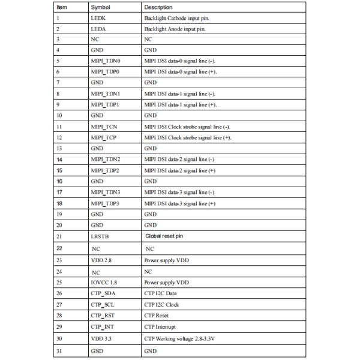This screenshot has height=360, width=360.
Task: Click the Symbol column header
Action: coord(99,7)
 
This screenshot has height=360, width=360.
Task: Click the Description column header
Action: coord(158,7)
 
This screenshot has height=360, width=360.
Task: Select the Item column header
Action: coord(62,7)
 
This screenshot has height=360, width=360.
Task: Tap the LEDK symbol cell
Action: coord(99,18)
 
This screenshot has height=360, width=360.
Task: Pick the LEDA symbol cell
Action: coord(99,29)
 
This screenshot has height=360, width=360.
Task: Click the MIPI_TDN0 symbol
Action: coord(106,61)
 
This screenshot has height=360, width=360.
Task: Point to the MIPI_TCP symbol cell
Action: coord(104,137)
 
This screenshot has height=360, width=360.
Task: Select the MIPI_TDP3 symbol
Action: coord(106,203)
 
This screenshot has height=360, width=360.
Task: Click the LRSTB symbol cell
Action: coord(100,236)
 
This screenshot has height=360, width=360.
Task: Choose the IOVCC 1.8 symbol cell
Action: coord(104,281)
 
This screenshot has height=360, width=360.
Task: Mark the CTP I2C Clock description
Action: coord(161,305)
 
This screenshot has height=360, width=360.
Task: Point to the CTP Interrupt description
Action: coord(160,327)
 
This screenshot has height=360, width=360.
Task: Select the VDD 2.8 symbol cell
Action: coord(101,260)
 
